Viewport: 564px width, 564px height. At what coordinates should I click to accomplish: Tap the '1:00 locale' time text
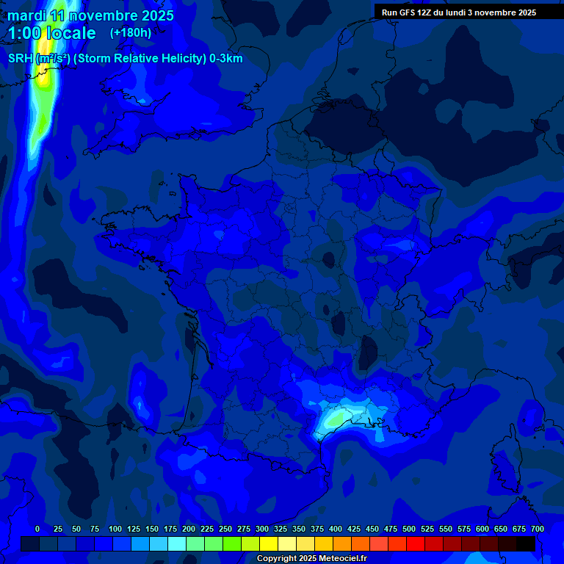coord(51,33)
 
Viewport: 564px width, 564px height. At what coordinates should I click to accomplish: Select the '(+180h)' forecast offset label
coord(131,32)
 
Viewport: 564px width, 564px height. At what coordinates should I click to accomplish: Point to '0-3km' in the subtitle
coord(225,59)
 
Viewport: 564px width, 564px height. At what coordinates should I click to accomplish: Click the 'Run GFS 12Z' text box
coord(459,12)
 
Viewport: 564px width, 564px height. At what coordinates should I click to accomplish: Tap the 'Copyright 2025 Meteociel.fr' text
coord(311,559)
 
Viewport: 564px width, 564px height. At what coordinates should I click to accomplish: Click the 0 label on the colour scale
coord(37,529)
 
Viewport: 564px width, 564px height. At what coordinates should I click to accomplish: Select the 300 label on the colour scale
coord(262,529)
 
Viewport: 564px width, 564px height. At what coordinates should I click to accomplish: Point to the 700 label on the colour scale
coord(537,529)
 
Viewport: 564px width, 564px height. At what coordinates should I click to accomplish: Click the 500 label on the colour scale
coord(409,529)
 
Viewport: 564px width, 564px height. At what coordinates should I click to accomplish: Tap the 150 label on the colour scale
coord(152,529)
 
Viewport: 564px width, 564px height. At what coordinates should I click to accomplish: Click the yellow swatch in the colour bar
coord(269,543)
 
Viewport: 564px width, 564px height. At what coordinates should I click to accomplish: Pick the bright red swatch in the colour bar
coord(416,543)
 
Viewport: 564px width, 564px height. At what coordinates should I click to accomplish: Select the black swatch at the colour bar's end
coord(526,543)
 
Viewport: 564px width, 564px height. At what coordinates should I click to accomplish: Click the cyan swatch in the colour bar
coord(177,543)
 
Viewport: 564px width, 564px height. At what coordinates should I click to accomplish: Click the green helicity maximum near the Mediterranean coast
coord(336,419)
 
